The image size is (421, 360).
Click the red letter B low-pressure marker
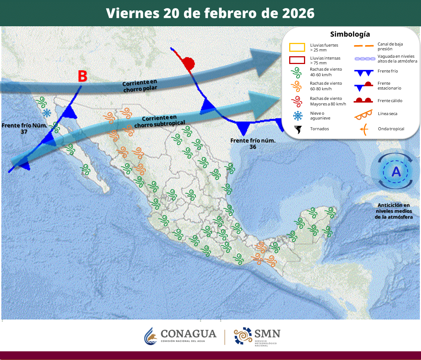(83, 76)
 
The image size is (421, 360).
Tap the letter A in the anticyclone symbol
(396, 172)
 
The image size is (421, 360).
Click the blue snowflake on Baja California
(47, 113)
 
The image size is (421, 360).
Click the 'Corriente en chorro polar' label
(140, 85)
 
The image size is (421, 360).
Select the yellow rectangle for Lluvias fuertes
(297, 47)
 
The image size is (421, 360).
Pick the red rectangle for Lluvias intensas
(297, 60)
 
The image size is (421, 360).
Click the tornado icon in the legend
(297, 129)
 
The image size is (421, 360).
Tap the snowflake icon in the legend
(297, 116)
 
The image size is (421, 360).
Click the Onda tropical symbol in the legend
(364, 129)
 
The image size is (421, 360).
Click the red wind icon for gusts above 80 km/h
(296, 101)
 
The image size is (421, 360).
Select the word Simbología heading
(350, 34)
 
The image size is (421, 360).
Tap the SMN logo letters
(267, 333)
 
